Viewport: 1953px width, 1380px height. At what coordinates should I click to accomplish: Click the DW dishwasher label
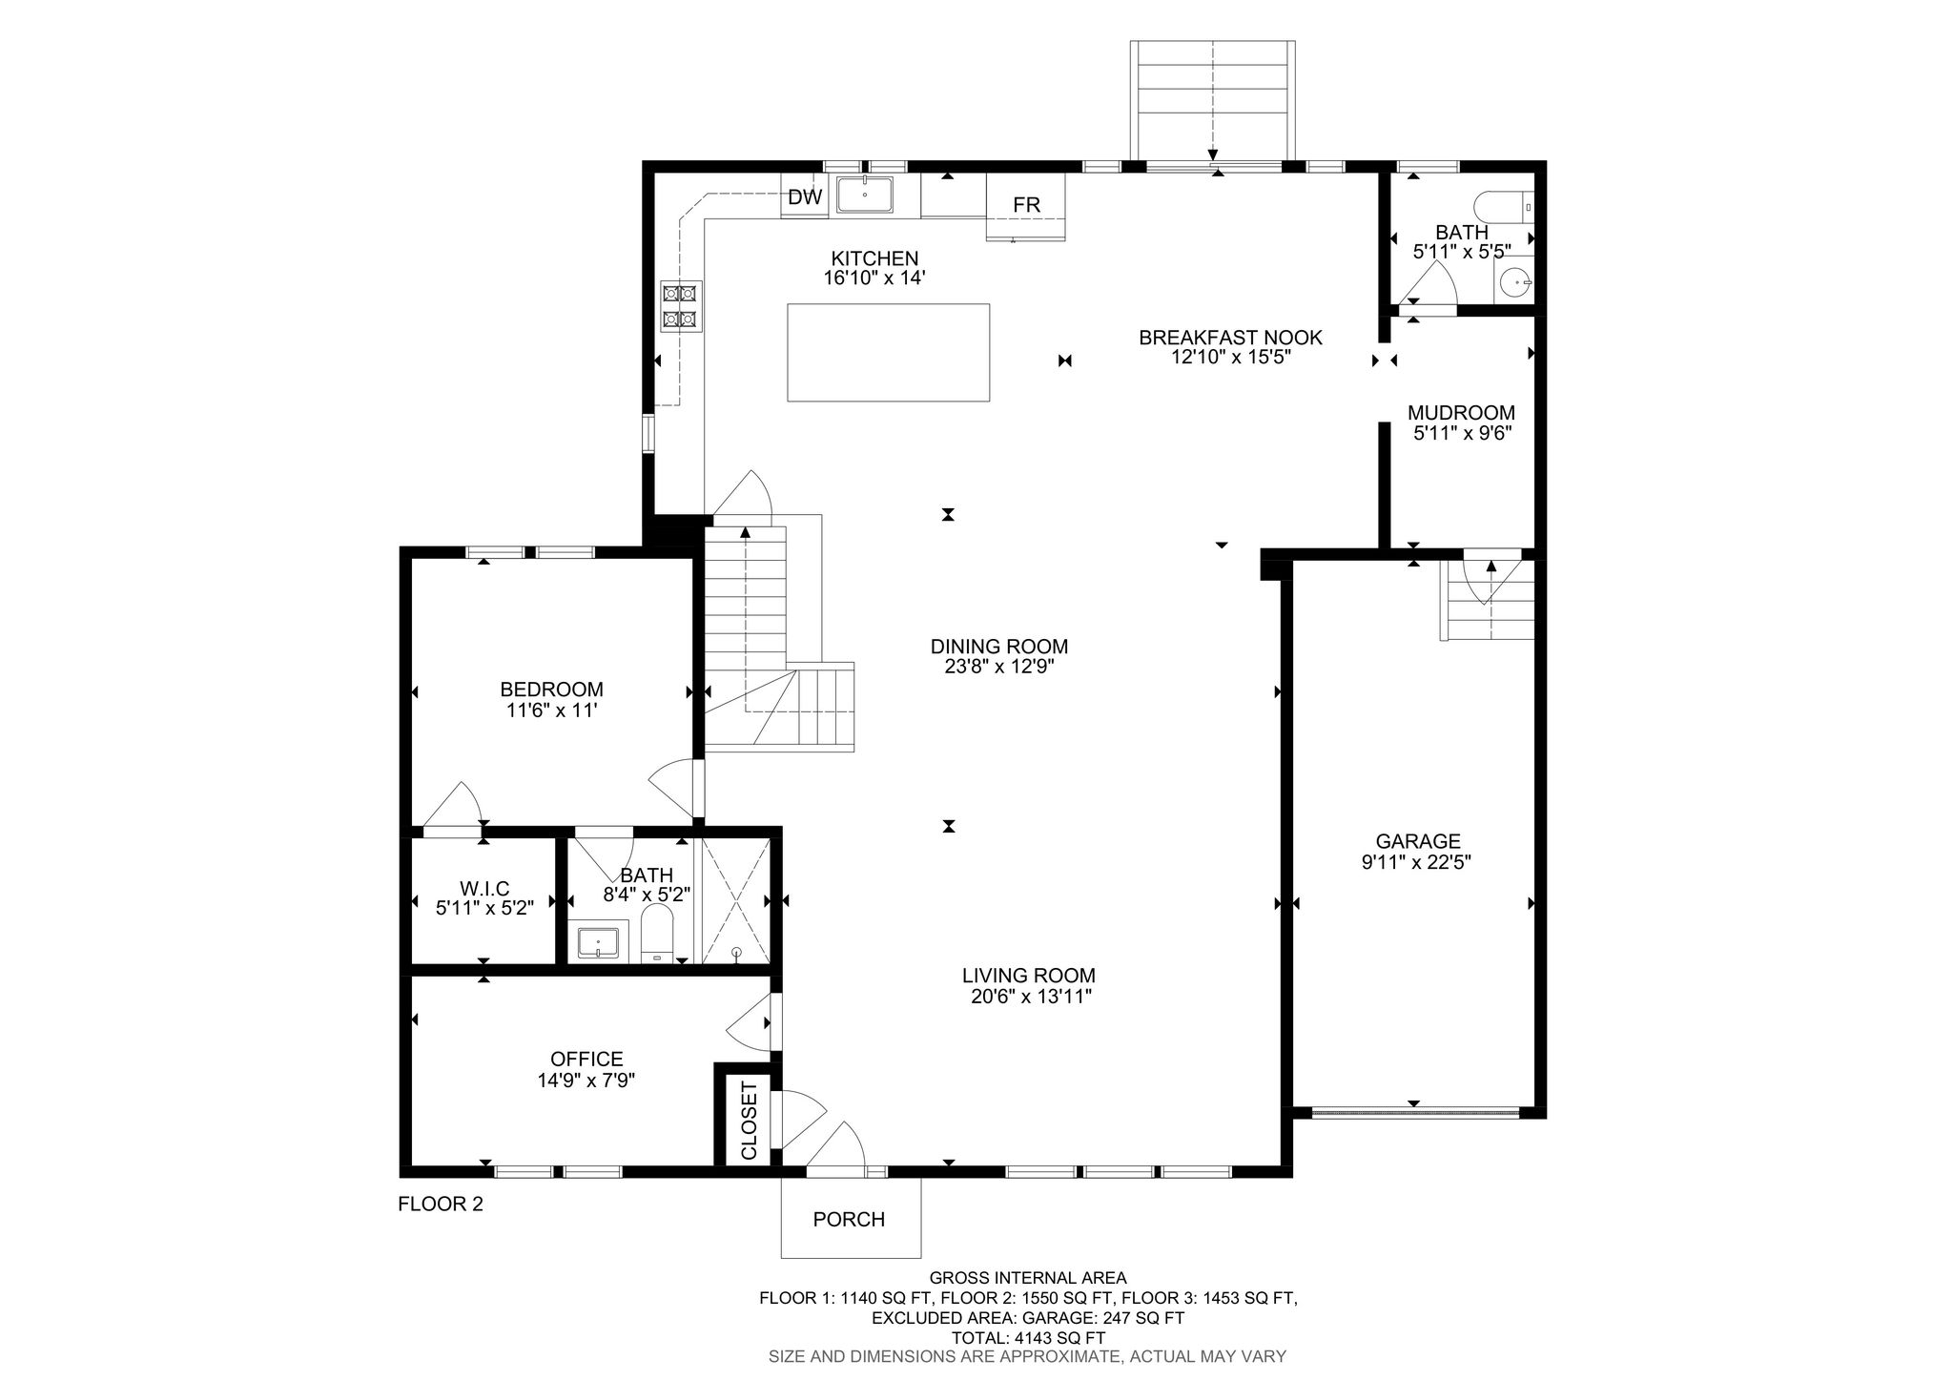(805, 197)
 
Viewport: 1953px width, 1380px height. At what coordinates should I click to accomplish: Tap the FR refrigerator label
(1026, 205)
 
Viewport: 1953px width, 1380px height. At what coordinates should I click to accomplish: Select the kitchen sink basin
(865, 196)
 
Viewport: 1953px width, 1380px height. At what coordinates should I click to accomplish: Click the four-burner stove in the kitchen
(680, 306)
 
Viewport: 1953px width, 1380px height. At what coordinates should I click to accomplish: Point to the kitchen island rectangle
(889, 353)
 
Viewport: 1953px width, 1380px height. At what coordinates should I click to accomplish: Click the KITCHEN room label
(874, 258)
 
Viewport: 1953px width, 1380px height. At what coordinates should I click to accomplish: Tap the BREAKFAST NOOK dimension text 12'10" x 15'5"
(1231, 358)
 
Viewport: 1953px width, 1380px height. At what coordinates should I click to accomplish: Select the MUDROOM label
(1461, 413)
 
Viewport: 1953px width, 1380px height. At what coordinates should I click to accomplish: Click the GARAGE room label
(1418, 841)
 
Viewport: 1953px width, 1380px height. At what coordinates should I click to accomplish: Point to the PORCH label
(849, 1220)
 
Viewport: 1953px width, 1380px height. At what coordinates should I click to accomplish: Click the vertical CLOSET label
(749, 1121)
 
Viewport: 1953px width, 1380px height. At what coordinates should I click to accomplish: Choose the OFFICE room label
(586, 1060)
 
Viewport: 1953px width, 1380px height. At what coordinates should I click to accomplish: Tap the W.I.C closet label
(484, 889)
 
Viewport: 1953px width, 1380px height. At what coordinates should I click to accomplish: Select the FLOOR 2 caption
(441, 1205)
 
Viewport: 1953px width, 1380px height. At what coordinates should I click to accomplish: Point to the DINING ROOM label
(999, 647)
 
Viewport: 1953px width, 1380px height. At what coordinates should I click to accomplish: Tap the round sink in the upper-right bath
(1515, 282)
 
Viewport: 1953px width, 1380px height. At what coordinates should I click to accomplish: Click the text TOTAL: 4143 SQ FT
(1028, 1338)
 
